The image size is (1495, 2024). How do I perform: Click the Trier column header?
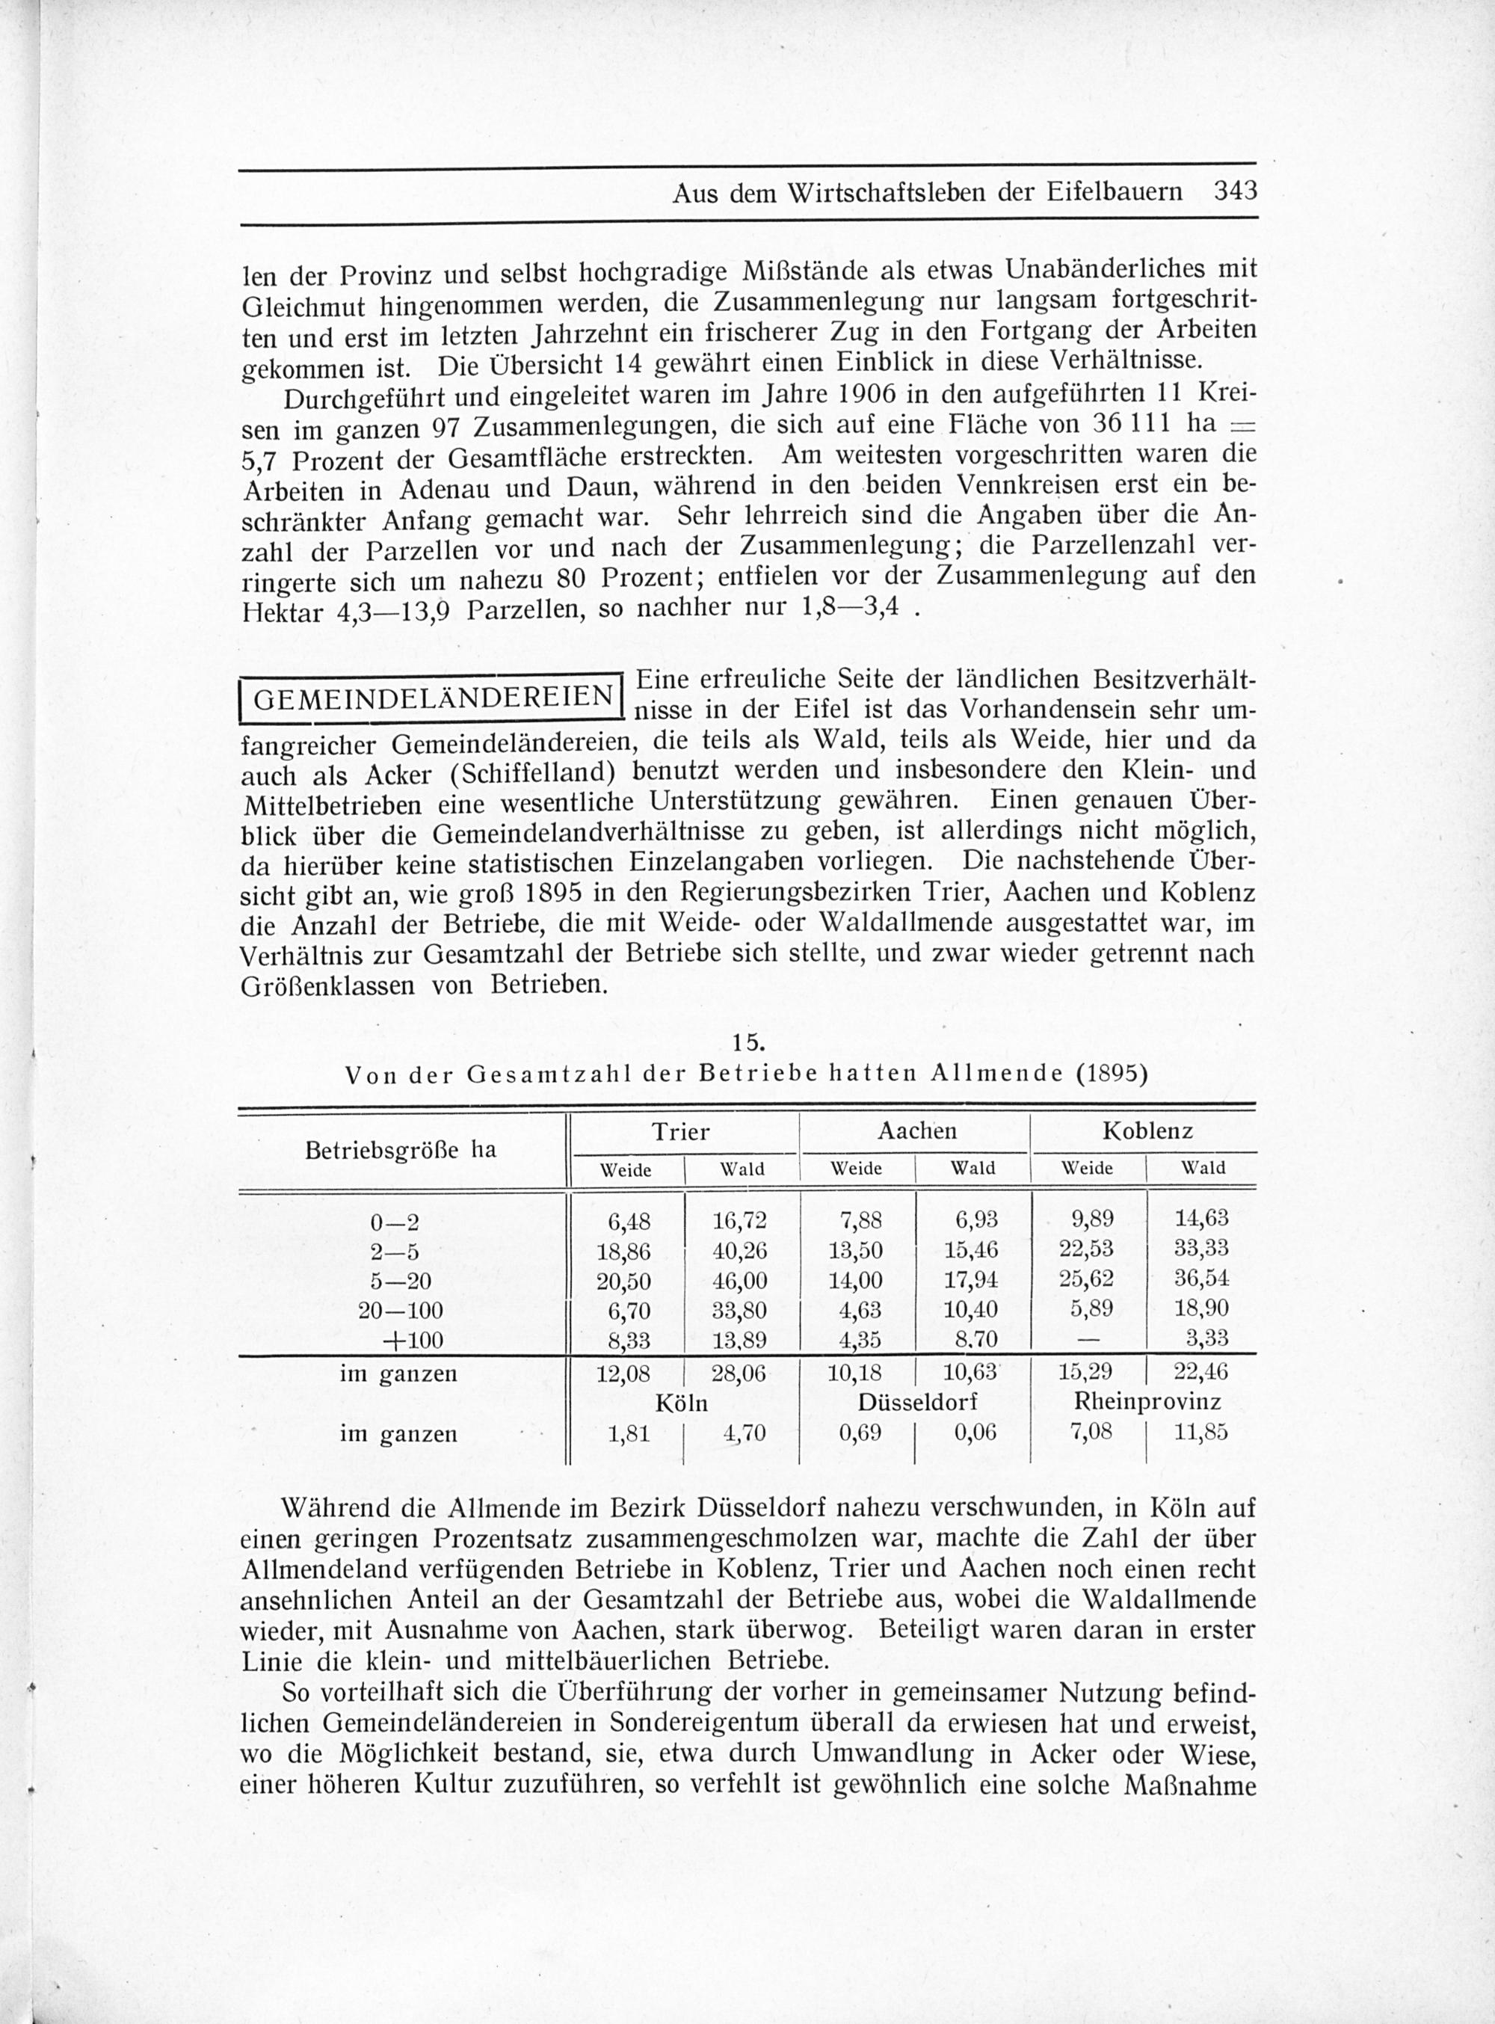click(x=682, y=1131)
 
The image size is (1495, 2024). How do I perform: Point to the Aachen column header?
click(x=916, y=1131)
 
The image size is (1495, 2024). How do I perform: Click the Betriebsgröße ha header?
click(x=401, y=1151)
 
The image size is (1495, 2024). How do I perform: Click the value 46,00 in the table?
click(x=739, y=1281)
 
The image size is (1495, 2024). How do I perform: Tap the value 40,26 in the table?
click(x=739, y=1252)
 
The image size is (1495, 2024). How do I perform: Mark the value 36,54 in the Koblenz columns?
click(x=1200, y=1279)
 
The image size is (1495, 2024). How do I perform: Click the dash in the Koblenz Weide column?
click(x=1086, y=1339)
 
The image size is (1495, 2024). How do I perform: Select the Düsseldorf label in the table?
click(x=916, y=1402)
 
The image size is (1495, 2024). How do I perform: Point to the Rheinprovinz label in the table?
click(x=1147, y=1402)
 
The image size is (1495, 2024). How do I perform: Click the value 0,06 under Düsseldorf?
click(x=972, y=1433)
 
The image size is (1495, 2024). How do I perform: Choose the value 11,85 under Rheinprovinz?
click(x=1200, y=1433)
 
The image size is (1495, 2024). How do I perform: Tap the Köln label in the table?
click(x=682, y=1403)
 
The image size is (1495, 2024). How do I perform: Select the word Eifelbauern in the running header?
click(x=1125, y=192)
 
